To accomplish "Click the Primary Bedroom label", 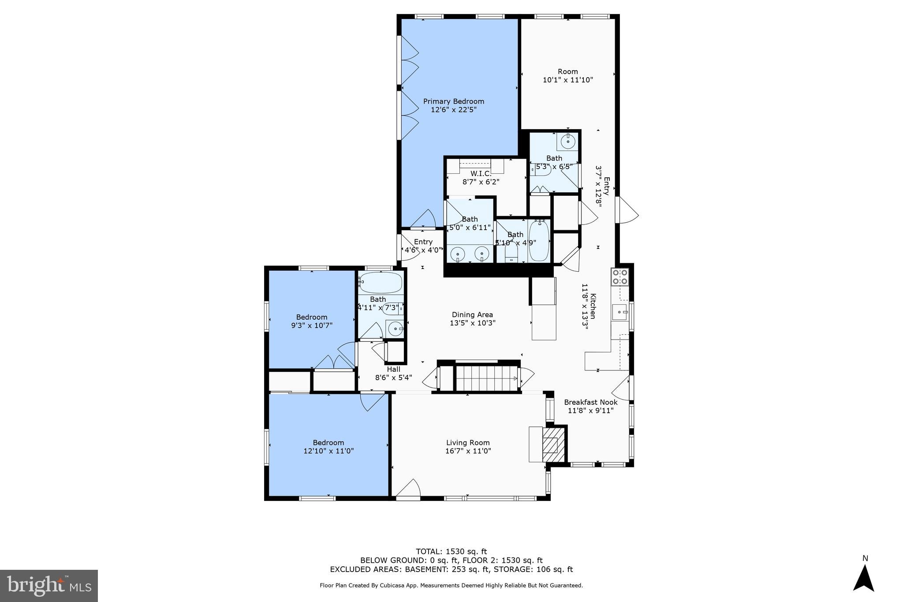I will coord(453,101).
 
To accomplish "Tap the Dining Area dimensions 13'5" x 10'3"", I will coord(472,323).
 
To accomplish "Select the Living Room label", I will coord(468,443).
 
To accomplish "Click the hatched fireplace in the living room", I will coord(553,444).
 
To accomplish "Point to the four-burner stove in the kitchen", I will coord(620,277).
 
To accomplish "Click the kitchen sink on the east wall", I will coord(620,312).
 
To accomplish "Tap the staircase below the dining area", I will coord(486,378).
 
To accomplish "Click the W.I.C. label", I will coord(481,173).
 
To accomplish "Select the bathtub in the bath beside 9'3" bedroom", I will coord(381,283).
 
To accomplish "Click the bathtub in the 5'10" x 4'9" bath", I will coord(539,242).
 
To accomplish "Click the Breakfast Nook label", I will coord(590,402).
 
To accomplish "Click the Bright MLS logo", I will coord(49,586).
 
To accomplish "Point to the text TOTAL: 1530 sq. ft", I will coord(451,551).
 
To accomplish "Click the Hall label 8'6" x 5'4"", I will coord(393,373).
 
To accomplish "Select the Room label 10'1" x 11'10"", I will coord(567,75).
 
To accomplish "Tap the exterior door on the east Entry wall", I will coord(627,210).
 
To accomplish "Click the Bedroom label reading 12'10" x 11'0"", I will coord(328,447).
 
